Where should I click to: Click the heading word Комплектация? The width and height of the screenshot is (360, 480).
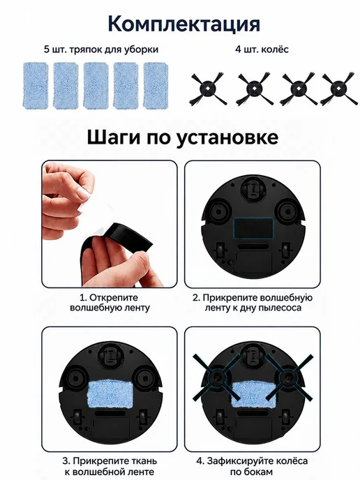coord(184,24)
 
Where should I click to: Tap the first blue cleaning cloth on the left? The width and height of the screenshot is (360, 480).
coord(36,85)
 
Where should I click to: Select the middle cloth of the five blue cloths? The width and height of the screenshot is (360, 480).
coord(96,85)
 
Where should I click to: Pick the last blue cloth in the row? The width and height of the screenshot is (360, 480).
coord(156,85)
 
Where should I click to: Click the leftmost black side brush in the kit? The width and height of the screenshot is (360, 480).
coord(208,89)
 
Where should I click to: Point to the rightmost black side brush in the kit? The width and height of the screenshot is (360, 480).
coord(339,89)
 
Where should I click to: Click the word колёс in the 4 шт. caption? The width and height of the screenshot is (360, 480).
coord(275,50)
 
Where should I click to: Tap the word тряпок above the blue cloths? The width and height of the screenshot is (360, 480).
coord(85,50)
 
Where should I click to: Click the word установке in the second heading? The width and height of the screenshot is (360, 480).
coord(227,137)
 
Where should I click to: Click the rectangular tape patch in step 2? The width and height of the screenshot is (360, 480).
coord(253,228)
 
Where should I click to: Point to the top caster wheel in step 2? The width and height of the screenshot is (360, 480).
coord(253,187)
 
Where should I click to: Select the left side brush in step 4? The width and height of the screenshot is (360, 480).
coord(217,377)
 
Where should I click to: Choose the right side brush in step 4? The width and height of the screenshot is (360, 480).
coord(289,377)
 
